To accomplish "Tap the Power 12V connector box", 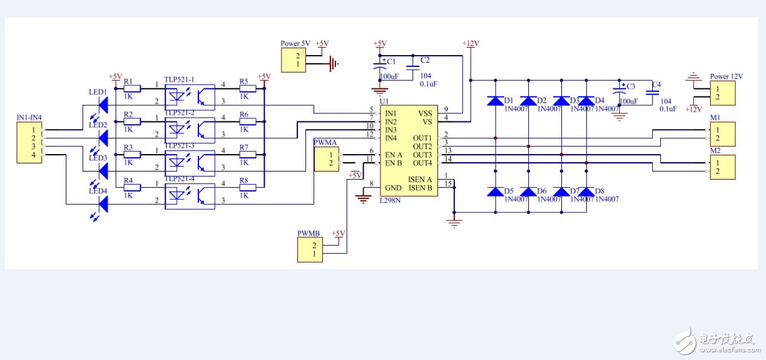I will tap(722, 93).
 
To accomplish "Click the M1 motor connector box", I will tap(722, 134).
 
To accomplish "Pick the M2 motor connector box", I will tap(722, 167).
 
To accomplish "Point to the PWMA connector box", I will tap(326, 159).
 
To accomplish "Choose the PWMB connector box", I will tap(309, 249).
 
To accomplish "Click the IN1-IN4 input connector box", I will tap(29, 142).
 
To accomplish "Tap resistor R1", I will tap(132, 89).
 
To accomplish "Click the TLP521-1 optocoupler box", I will tap(189, 95).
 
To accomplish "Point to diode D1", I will tap(495, 101).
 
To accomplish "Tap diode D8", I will tap(586, 192).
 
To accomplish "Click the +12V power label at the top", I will tap(470, 43).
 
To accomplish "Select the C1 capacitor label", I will tap(391, 61).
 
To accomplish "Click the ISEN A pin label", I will tap(420, 179).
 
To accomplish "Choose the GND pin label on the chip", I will tap(393, 188).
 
